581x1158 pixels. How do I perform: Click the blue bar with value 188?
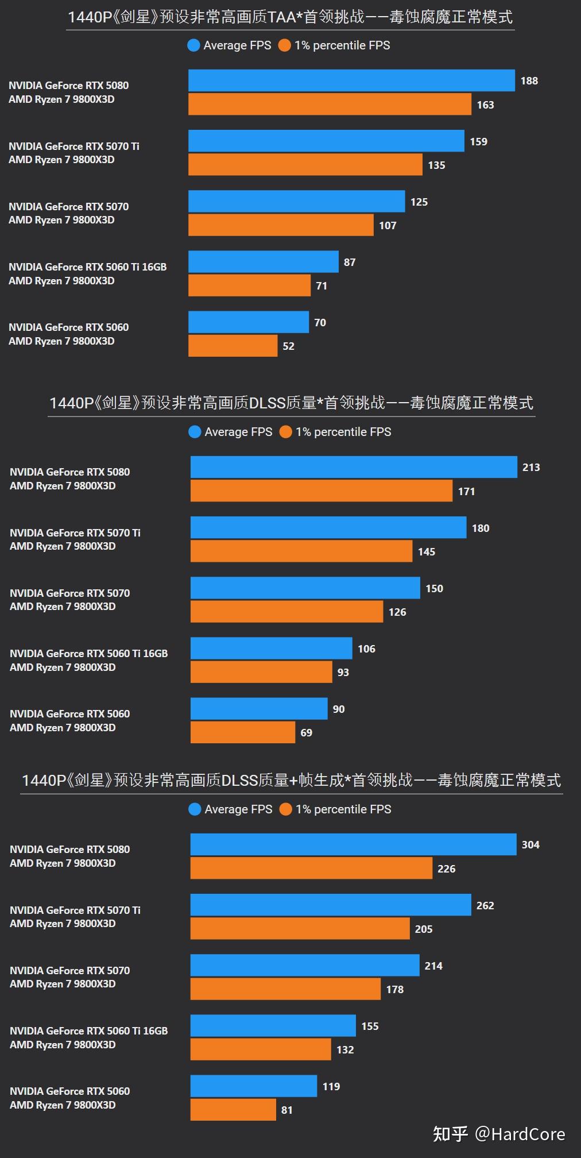(x=351, y=80)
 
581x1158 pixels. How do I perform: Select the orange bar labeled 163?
(x=330, y=105)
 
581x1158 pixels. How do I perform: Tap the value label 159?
(x=478, y=141)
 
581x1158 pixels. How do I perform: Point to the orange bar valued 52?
(x=233, y=346)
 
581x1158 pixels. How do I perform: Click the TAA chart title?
(x=290, y=17)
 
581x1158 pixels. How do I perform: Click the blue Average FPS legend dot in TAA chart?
(x=193, y=45)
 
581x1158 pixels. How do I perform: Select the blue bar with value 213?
(x=354, y=467)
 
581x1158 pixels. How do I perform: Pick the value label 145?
(x=426, y=551)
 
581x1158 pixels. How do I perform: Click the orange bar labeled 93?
(x=261, y=672)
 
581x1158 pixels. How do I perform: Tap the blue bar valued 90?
(x=259, y=709)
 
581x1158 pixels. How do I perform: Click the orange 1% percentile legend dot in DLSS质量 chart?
(x=285, y=432)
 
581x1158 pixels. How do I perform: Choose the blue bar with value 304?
(x=353, y=844)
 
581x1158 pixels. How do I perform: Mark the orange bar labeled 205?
(x=300, y=929)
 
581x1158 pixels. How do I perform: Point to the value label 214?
(x=433, y=966)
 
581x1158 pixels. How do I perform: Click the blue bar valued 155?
(x=273, y=1026)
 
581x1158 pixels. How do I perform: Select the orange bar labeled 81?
(x=233, y=1110)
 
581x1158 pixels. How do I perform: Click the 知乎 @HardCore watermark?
(x=498, y=1134)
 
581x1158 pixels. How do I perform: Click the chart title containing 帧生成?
(x=291, y=780)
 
